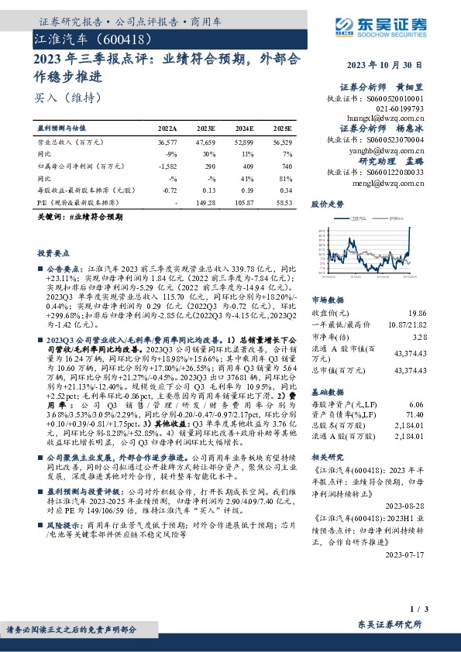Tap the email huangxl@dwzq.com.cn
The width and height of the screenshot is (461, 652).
[x=396, y=118]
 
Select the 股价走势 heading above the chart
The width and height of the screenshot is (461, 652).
[x=327, y=205]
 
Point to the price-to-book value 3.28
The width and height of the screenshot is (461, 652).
[x=419, y=338]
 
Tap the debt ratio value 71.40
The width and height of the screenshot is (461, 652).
[x=417, y=416]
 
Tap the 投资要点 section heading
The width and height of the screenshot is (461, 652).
[x=54, y=253]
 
